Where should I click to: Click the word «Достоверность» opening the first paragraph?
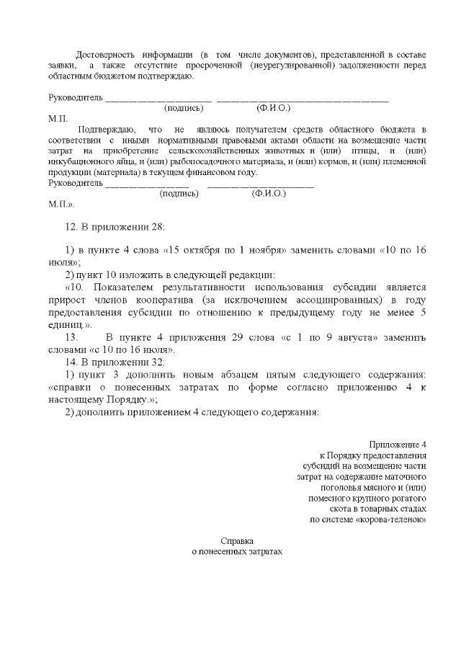tap(106, 55)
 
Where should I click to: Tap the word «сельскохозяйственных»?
tap(212, 151)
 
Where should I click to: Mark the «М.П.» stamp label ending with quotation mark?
tap(61, 205)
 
